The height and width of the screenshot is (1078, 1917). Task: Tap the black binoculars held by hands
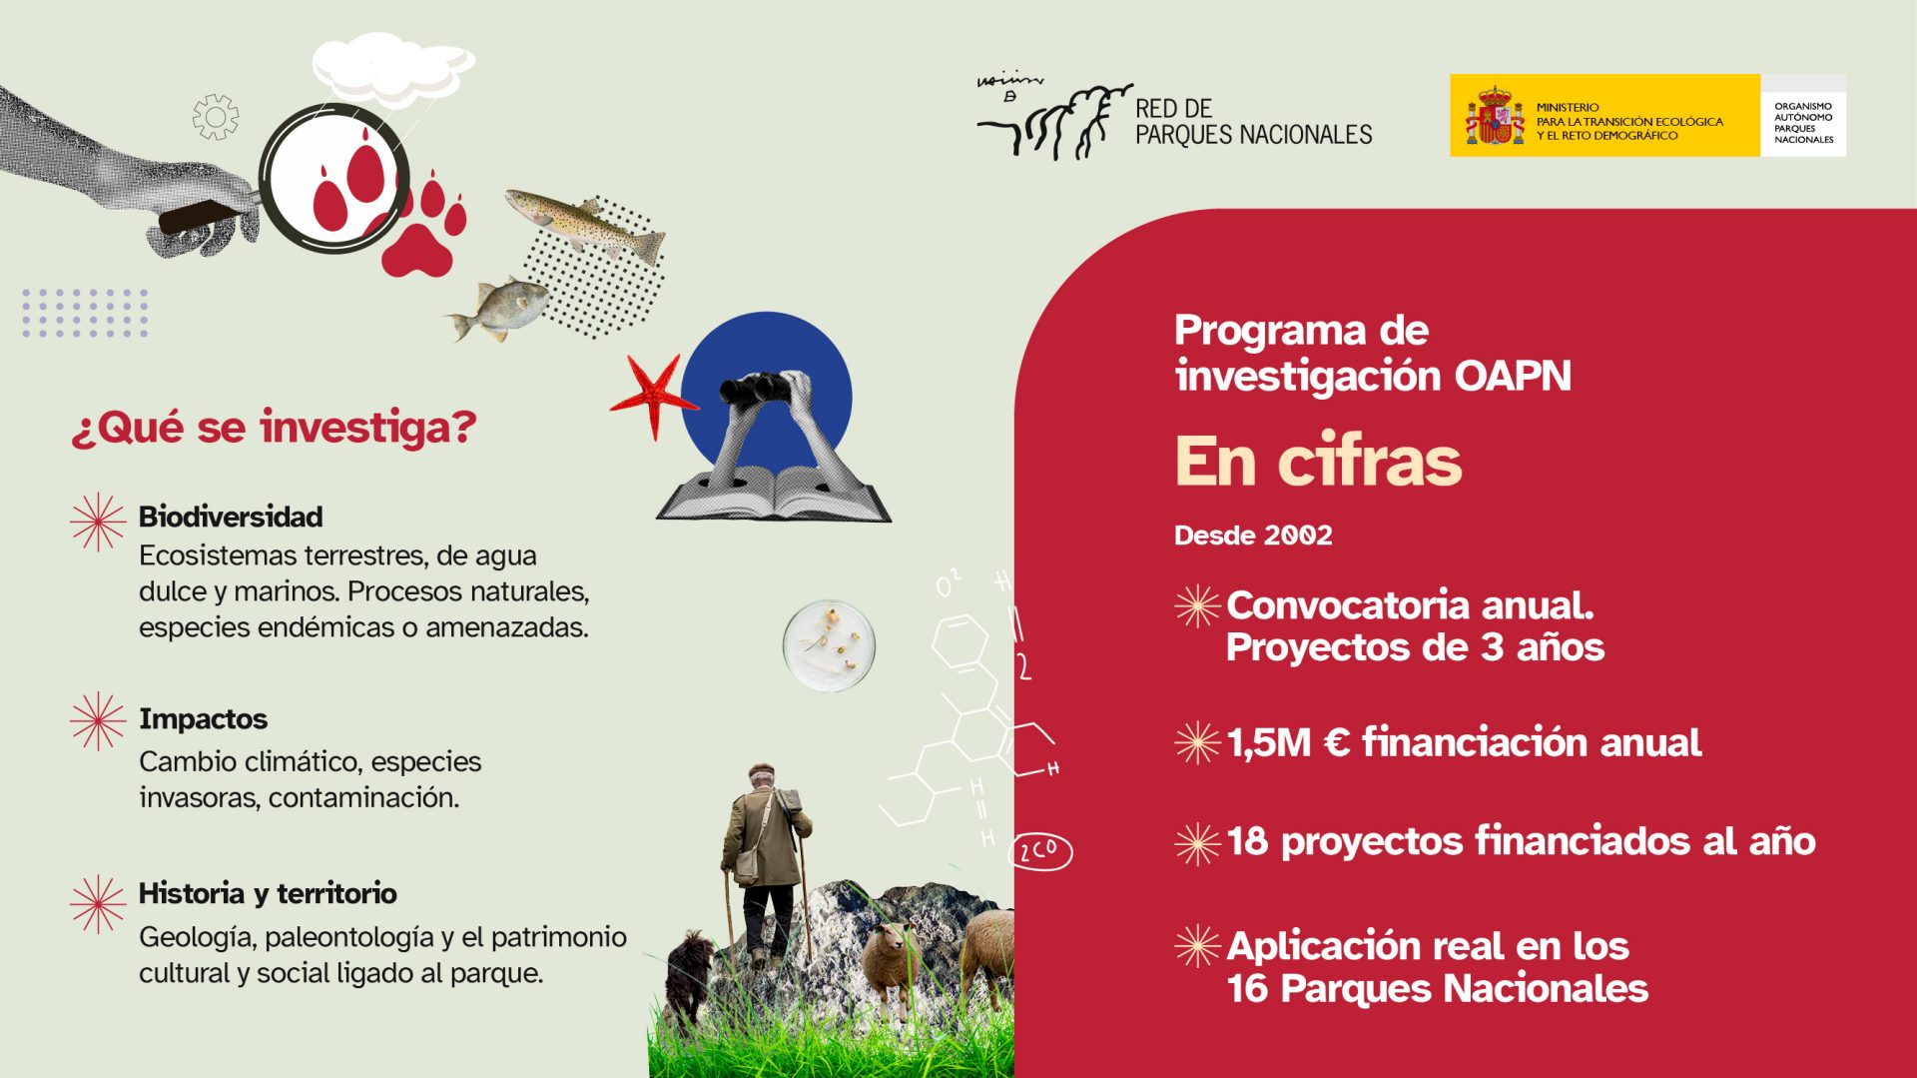[757, 388]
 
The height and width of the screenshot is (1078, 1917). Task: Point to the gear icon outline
[216, 117]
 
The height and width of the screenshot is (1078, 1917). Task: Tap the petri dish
[829, 645]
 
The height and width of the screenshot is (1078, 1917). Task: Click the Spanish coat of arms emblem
[1494, 117]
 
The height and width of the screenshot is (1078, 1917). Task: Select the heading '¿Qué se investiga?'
[274, 428]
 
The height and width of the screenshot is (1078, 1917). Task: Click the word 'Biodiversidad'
[231, 517]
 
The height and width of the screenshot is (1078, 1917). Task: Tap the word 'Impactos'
[203, 718]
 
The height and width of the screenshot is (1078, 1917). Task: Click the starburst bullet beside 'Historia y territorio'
[98, 903]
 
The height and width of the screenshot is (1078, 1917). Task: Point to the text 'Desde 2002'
[1252, 536]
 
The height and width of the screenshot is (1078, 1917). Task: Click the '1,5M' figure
[1268, 742]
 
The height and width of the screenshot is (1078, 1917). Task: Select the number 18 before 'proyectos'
[1247, 841]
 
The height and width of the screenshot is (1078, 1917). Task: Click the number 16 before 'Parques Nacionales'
[1247, 989]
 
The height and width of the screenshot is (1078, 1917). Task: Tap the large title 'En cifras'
[1317, 462]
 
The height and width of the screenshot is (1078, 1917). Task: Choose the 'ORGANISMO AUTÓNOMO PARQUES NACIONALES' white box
[1803, 117]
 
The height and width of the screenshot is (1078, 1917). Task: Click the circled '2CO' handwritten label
[1040, 851]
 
